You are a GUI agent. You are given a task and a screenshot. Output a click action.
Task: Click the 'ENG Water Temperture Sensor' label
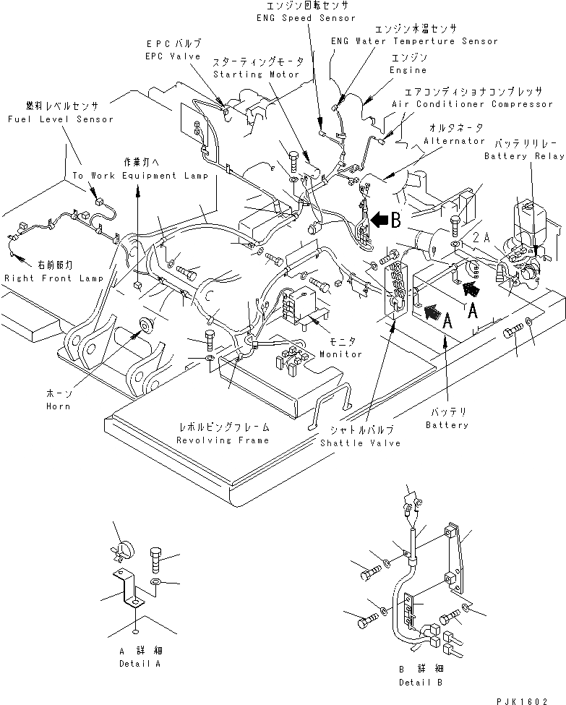pos(414,41)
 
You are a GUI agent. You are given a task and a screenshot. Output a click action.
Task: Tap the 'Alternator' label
pos(454,141)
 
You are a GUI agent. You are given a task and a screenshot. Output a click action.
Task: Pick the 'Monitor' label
pos(341,354)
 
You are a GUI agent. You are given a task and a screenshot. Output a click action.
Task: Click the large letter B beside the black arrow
pos(395,222)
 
